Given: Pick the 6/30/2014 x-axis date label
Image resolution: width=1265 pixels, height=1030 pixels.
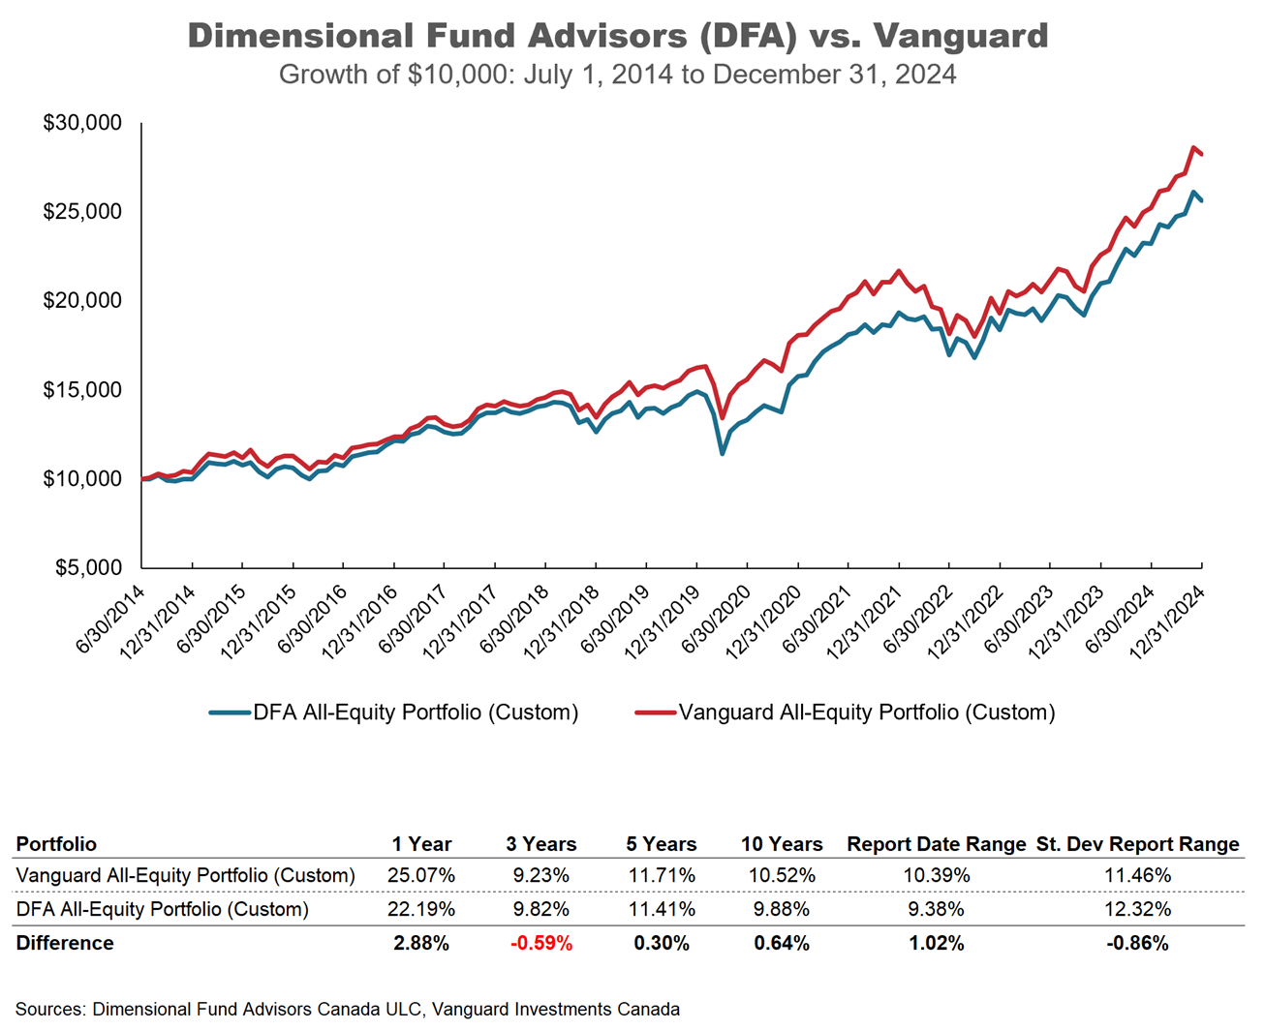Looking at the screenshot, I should click(111, 619).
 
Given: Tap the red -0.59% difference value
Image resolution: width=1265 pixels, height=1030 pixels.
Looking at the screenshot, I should click(541, 943).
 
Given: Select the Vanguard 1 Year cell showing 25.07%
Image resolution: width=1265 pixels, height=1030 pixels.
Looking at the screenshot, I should click(421, 875).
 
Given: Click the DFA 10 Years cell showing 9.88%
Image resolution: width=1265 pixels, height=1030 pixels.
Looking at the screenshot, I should click(782, 909).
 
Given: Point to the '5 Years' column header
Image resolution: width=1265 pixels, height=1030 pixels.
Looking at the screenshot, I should click(662, 844).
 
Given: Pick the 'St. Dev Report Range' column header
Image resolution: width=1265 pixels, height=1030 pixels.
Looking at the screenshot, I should click(1138, 844).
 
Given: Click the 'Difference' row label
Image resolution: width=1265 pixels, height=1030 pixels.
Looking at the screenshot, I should click(65, 943).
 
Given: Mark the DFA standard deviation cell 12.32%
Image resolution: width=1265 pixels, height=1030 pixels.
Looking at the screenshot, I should click(1138, 909).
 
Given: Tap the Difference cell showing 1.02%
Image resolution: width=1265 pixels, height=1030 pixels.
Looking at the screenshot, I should click(937, 943).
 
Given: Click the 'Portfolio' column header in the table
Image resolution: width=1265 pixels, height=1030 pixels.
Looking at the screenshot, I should click(56, 844).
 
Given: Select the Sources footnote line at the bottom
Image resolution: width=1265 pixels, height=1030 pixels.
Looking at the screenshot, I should click(348, 1009).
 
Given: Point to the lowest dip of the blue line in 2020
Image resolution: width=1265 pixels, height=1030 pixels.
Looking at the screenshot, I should click(722, 453).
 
